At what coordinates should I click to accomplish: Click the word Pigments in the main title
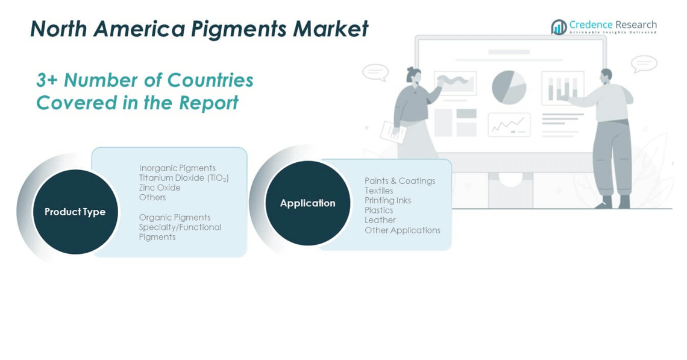[x=239, y=30]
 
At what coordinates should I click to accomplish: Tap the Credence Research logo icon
[x=559, y=27]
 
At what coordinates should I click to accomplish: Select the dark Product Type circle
[x=75, y=212]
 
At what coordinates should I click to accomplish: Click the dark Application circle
[x=307, y=203]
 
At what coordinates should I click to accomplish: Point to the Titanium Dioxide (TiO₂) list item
[x=184, y=178]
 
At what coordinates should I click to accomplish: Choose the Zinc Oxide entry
[x=160, y=188]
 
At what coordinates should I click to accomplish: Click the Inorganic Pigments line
[x=177, y=168]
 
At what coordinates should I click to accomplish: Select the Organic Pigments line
[x=174, y=218]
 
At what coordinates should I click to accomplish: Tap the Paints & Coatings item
[x=400, y=181]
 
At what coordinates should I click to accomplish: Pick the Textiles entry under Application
[x=378, y=191]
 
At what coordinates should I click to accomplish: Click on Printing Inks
[x=387, y=200]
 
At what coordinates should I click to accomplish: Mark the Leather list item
[x=380, y=220]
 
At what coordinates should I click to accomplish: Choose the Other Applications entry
[x=402, y=230]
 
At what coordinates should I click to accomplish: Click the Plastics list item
[x=378, y=210]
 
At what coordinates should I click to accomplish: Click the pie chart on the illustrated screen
[x=509, y=87]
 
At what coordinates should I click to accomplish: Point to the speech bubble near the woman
[x=375, y=72]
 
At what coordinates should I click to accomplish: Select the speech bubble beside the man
[x=644, y=64]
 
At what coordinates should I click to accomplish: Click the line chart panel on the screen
[x=509, y=125]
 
